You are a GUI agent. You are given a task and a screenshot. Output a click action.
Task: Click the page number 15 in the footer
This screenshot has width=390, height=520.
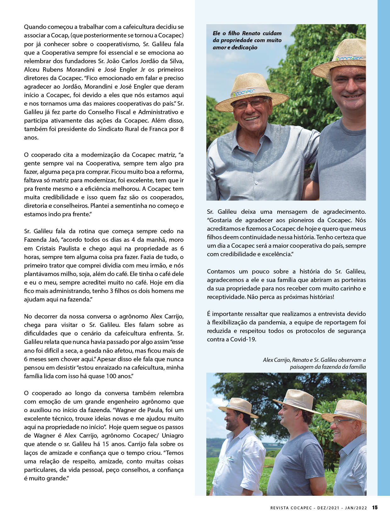pyautogui.click(x=375, y=507)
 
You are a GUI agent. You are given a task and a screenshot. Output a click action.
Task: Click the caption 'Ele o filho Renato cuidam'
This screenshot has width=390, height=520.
pyautogui.click(x=247, y=33)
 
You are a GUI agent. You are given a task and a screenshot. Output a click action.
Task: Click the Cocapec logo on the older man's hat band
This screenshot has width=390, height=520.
pyautogui.click(x=244, y=93)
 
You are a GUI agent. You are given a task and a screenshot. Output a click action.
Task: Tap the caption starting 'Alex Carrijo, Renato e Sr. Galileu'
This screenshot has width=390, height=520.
pyautogui.click(x=314, y=360)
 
